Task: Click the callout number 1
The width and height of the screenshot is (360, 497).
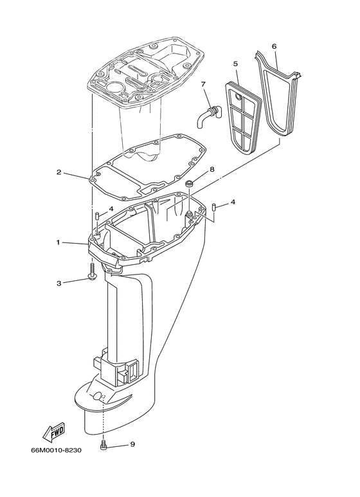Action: pyautogui.click(x=58, y=242)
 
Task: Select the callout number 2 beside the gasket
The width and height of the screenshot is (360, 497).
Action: pyautogui.click(x=59, y=172)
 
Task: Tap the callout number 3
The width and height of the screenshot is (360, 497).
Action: pyautogui.click(x=59, y=282)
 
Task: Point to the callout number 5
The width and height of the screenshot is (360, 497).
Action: pyautogui.click(x=235, y=64)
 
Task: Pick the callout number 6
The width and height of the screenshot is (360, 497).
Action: pyautogui.click(x=274, y=46)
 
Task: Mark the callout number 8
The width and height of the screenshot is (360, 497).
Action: pyautogui.click(x=212, y=170)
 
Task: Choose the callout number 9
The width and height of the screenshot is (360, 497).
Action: pyautogui.click(x=132, y=445)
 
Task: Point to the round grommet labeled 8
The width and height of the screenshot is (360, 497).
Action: pyautogui.click(x=190, y=185)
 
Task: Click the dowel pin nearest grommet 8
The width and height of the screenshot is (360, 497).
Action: pyautogui.click(x=214, y=207)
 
